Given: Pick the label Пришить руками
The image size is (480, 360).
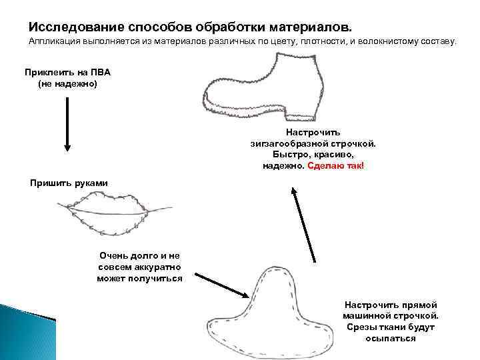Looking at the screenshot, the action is (69, 183).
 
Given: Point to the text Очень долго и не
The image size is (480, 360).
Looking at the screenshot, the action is (139, 255).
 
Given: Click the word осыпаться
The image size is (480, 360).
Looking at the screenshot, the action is (391, 338).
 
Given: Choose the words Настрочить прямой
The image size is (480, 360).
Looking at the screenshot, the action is (391, 304).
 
